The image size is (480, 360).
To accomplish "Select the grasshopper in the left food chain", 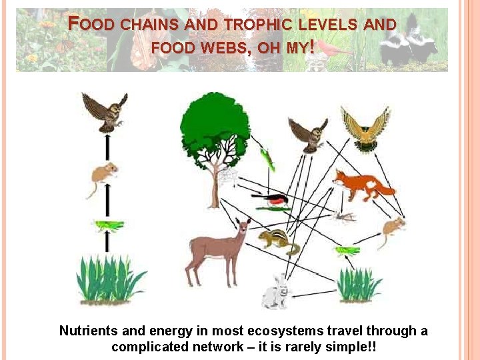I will click(109, 226).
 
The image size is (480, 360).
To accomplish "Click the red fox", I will click(361, 185).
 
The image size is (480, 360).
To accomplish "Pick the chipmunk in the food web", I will click(279, 241).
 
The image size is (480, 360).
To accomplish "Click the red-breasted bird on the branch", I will click(271, 198).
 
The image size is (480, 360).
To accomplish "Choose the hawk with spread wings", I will click(365, 128).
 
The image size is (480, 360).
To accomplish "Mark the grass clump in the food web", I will click(359, 285).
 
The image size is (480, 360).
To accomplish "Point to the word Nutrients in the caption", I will click(88, 331).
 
